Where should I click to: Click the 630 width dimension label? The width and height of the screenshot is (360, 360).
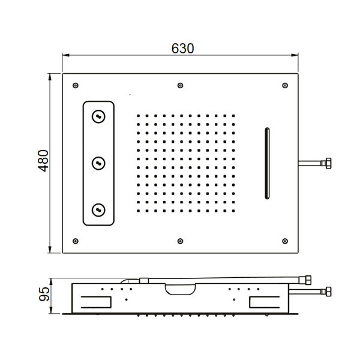tap(183, 48)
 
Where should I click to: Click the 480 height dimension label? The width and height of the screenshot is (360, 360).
tap(43, 161)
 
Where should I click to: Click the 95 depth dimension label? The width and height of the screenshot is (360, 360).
tap(44, 294)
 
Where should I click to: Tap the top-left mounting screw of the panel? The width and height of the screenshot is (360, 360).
tap(76, 86)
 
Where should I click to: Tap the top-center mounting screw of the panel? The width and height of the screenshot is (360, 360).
tap(181, 86)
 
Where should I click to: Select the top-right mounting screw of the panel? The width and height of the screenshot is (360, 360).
tap(285, 86)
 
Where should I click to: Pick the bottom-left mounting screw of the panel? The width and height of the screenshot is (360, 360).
tap(76, 241)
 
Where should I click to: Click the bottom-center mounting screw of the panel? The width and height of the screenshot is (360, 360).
tap(181, 241)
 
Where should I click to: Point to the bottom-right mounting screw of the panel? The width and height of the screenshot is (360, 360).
tap(285, 241)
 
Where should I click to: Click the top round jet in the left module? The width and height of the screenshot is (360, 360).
tap(99, 116)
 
